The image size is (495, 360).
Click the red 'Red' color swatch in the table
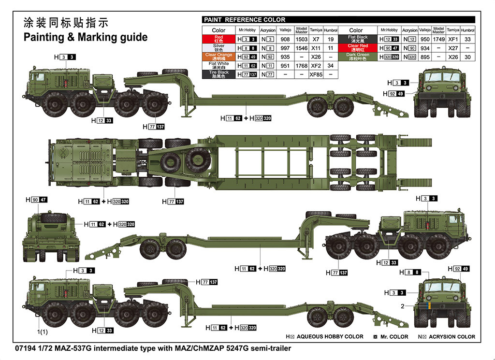click(x=218, y=39)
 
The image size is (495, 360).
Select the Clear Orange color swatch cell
click(x=218, y=57)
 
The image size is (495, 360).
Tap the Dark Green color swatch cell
click(x=358, y=57)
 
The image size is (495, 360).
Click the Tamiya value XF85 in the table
click(x=316, y=74)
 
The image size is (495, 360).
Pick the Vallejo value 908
click(x=285, y=39)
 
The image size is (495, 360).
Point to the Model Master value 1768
click(x=301, y=66)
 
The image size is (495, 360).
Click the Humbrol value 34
click(x=331, y=66)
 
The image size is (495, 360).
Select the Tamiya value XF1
click(x=453, y=39)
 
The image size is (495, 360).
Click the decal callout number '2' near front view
click(x=402, y=306)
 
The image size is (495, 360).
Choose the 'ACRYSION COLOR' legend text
click(x=451, y=336)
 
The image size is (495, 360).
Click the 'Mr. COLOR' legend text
click(x=394, y=336)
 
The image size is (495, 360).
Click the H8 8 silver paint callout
click(x=409, y=273)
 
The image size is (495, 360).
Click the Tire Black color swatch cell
click(x=218, y=74)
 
